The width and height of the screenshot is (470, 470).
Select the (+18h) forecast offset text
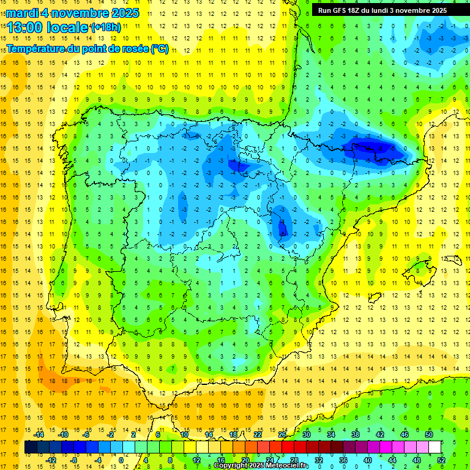105,28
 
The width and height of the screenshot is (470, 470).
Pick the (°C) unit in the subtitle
159,49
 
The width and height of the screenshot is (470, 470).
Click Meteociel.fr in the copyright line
287,466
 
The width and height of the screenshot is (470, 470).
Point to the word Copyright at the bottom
231,466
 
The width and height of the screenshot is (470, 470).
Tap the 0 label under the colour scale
121,460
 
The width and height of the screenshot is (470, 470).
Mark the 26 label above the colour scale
282,435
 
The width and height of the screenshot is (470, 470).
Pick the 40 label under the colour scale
367,460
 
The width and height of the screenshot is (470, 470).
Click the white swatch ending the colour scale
435,447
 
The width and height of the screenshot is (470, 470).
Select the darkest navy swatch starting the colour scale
31,447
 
